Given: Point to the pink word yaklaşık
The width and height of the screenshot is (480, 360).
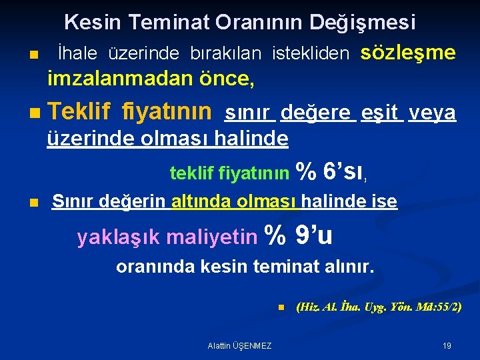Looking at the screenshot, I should click(119, 237).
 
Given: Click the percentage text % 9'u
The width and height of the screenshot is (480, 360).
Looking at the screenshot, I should click(299, 235).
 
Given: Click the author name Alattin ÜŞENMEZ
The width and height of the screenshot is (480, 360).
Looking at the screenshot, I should click(239, 345).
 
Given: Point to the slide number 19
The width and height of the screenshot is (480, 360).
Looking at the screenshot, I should click(447, 345).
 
